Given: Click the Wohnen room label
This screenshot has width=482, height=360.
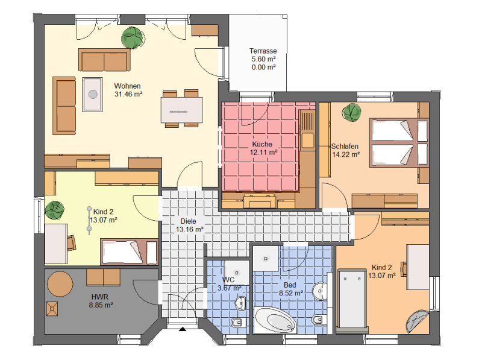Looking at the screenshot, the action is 127,86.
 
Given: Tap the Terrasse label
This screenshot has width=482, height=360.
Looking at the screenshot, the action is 263,51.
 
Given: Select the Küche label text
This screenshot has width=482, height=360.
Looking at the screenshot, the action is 262,144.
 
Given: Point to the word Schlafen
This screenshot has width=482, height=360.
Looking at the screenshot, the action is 345,147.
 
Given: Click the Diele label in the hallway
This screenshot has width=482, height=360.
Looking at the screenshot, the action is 188,221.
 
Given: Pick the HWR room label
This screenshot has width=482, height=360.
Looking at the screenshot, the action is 100,297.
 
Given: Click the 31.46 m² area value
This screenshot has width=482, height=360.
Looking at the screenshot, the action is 128,94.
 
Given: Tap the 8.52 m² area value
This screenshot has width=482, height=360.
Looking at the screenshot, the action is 291,293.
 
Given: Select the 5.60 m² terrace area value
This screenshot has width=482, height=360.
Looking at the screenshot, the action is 263,59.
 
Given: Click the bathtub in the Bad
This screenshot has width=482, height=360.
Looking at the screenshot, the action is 275,320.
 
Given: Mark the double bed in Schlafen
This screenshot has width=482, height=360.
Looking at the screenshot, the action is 399,142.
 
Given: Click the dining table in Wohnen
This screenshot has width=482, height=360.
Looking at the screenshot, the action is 182,110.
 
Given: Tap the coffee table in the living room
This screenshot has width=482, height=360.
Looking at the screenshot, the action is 92,94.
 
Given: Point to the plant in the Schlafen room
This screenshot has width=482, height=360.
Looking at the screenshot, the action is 352,112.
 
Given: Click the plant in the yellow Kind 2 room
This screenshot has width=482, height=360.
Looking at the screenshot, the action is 55,210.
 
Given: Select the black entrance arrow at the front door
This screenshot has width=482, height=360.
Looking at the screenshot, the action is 183,329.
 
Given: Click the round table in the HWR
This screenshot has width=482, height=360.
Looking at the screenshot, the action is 60,283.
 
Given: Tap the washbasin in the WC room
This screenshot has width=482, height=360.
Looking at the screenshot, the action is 240,303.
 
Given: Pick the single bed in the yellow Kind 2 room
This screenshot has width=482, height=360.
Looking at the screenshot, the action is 129,251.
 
